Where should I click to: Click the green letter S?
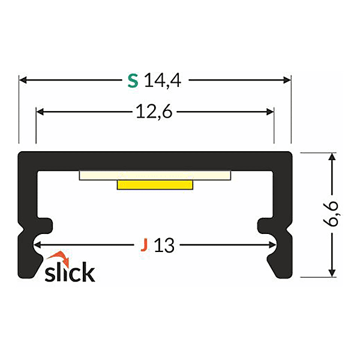[133, 80]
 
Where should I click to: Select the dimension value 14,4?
[162, 80]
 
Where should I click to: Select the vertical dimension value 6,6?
[334, 214]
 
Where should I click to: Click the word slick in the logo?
[70, 271]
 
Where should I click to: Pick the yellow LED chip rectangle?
[155, 184]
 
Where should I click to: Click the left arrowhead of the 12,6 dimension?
[40, 112]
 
